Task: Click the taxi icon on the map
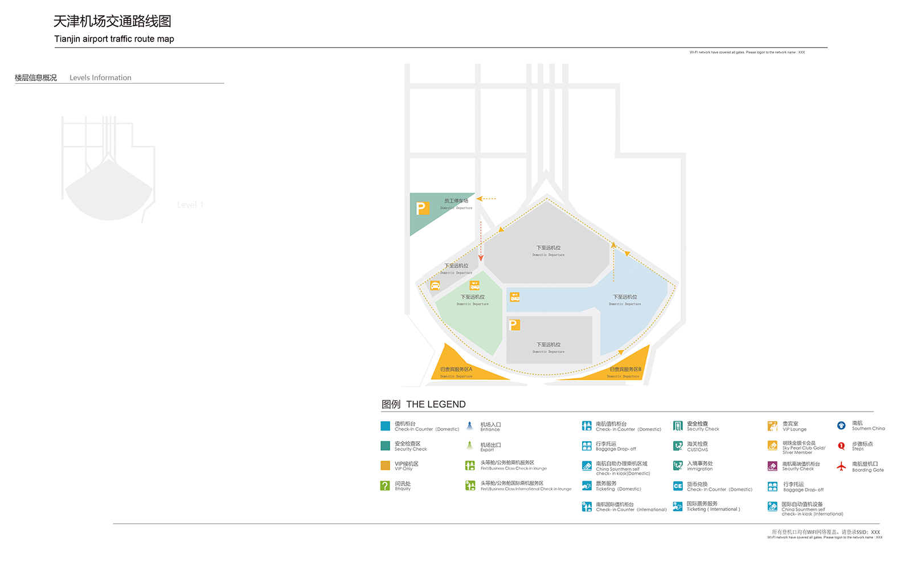click(435, 286)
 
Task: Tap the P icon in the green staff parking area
click(421, 208)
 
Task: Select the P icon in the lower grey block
click(514, 325)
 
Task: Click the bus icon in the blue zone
click(515, 297)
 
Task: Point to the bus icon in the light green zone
click(474, 285)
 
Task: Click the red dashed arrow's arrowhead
click(481, 259)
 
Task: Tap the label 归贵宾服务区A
click(456, 370)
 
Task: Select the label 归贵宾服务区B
click(625, 370)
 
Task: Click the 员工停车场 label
click(456, 201)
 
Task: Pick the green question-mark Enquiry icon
click(385, 486)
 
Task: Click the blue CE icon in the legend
click(678, 486)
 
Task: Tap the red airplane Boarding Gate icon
click(841, 466)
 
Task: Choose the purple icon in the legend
click(772, 466)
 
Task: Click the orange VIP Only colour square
click(385, 466)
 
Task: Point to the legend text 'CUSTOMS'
click(697, 450)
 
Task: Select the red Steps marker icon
click(841, 446)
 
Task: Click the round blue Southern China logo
click(841, 425)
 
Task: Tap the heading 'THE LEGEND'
click(436, 404)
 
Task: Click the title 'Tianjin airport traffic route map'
click(114, 39)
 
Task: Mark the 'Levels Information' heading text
click(100, 77)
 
